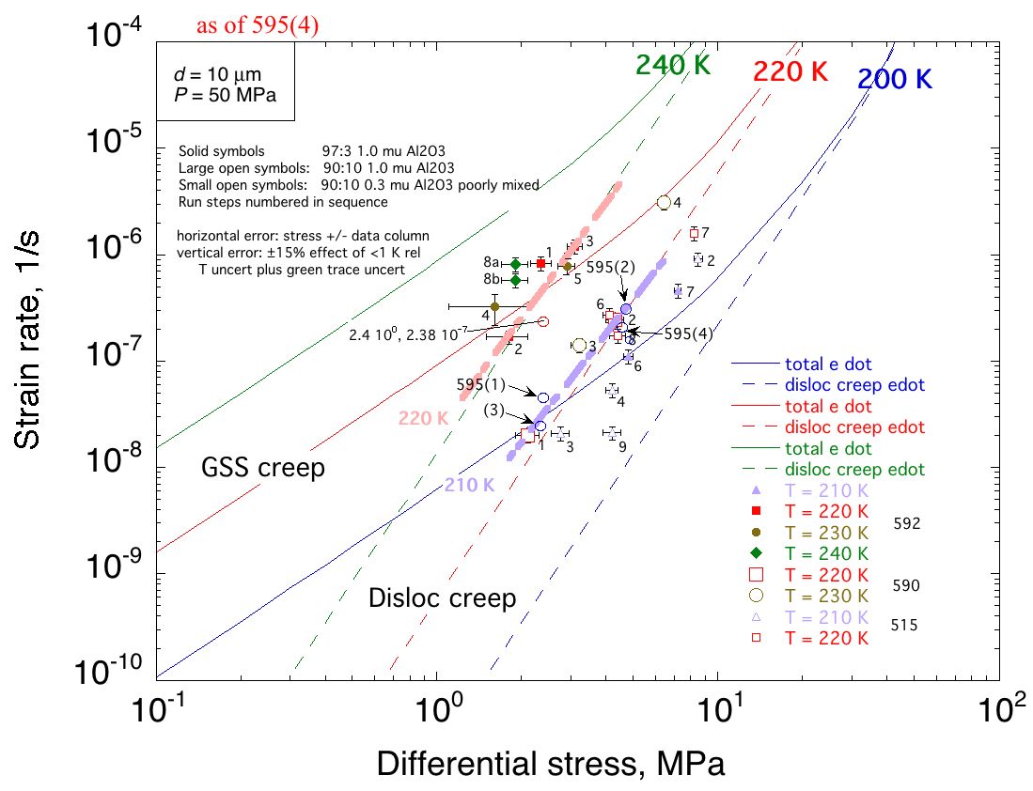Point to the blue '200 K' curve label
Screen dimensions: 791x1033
894,80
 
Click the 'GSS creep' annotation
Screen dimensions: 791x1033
264,467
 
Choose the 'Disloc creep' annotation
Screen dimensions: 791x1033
443,597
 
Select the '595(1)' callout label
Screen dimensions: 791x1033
481,384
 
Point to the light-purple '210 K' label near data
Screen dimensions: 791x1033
467,486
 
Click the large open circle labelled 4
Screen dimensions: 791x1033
664,202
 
